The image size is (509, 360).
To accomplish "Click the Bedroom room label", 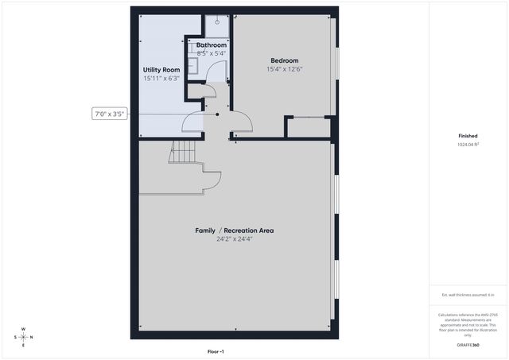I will [284, 61].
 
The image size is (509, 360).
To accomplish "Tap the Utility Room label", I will [161, 70].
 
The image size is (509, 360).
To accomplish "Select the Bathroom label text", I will [212, 45].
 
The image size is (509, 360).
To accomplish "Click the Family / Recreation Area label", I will [235, 230].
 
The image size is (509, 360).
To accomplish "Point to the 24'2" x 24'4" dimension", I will [235, 239].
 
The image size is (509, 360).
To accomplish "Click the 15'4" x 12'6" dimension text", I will [284, 70].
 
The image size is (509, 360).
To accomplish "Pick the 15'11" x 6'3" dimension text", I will [161, 79].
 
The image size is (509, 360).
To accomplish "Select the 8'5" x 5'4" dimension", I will [212, 53].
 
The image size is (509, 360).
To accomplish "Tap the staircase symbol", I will [181, 152].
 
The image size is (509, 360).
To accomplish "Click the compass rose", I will [23, 337].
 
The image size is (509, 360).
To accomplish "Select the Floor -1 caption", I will [216, 350].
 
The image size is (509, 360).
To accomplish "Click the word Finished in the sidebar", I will [468, 136].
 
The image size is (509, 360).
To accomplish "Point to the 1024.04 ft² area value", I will [468, 145].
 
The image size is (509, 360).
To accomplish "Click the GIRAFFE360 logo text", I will [468, 345].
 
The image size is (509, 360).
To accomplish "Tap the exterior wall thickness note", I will [468, 295].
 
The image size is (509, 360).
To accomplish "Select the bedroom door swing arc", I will [243, 121].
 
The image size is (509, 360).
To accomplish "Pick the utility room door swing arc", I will [194, 122].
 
